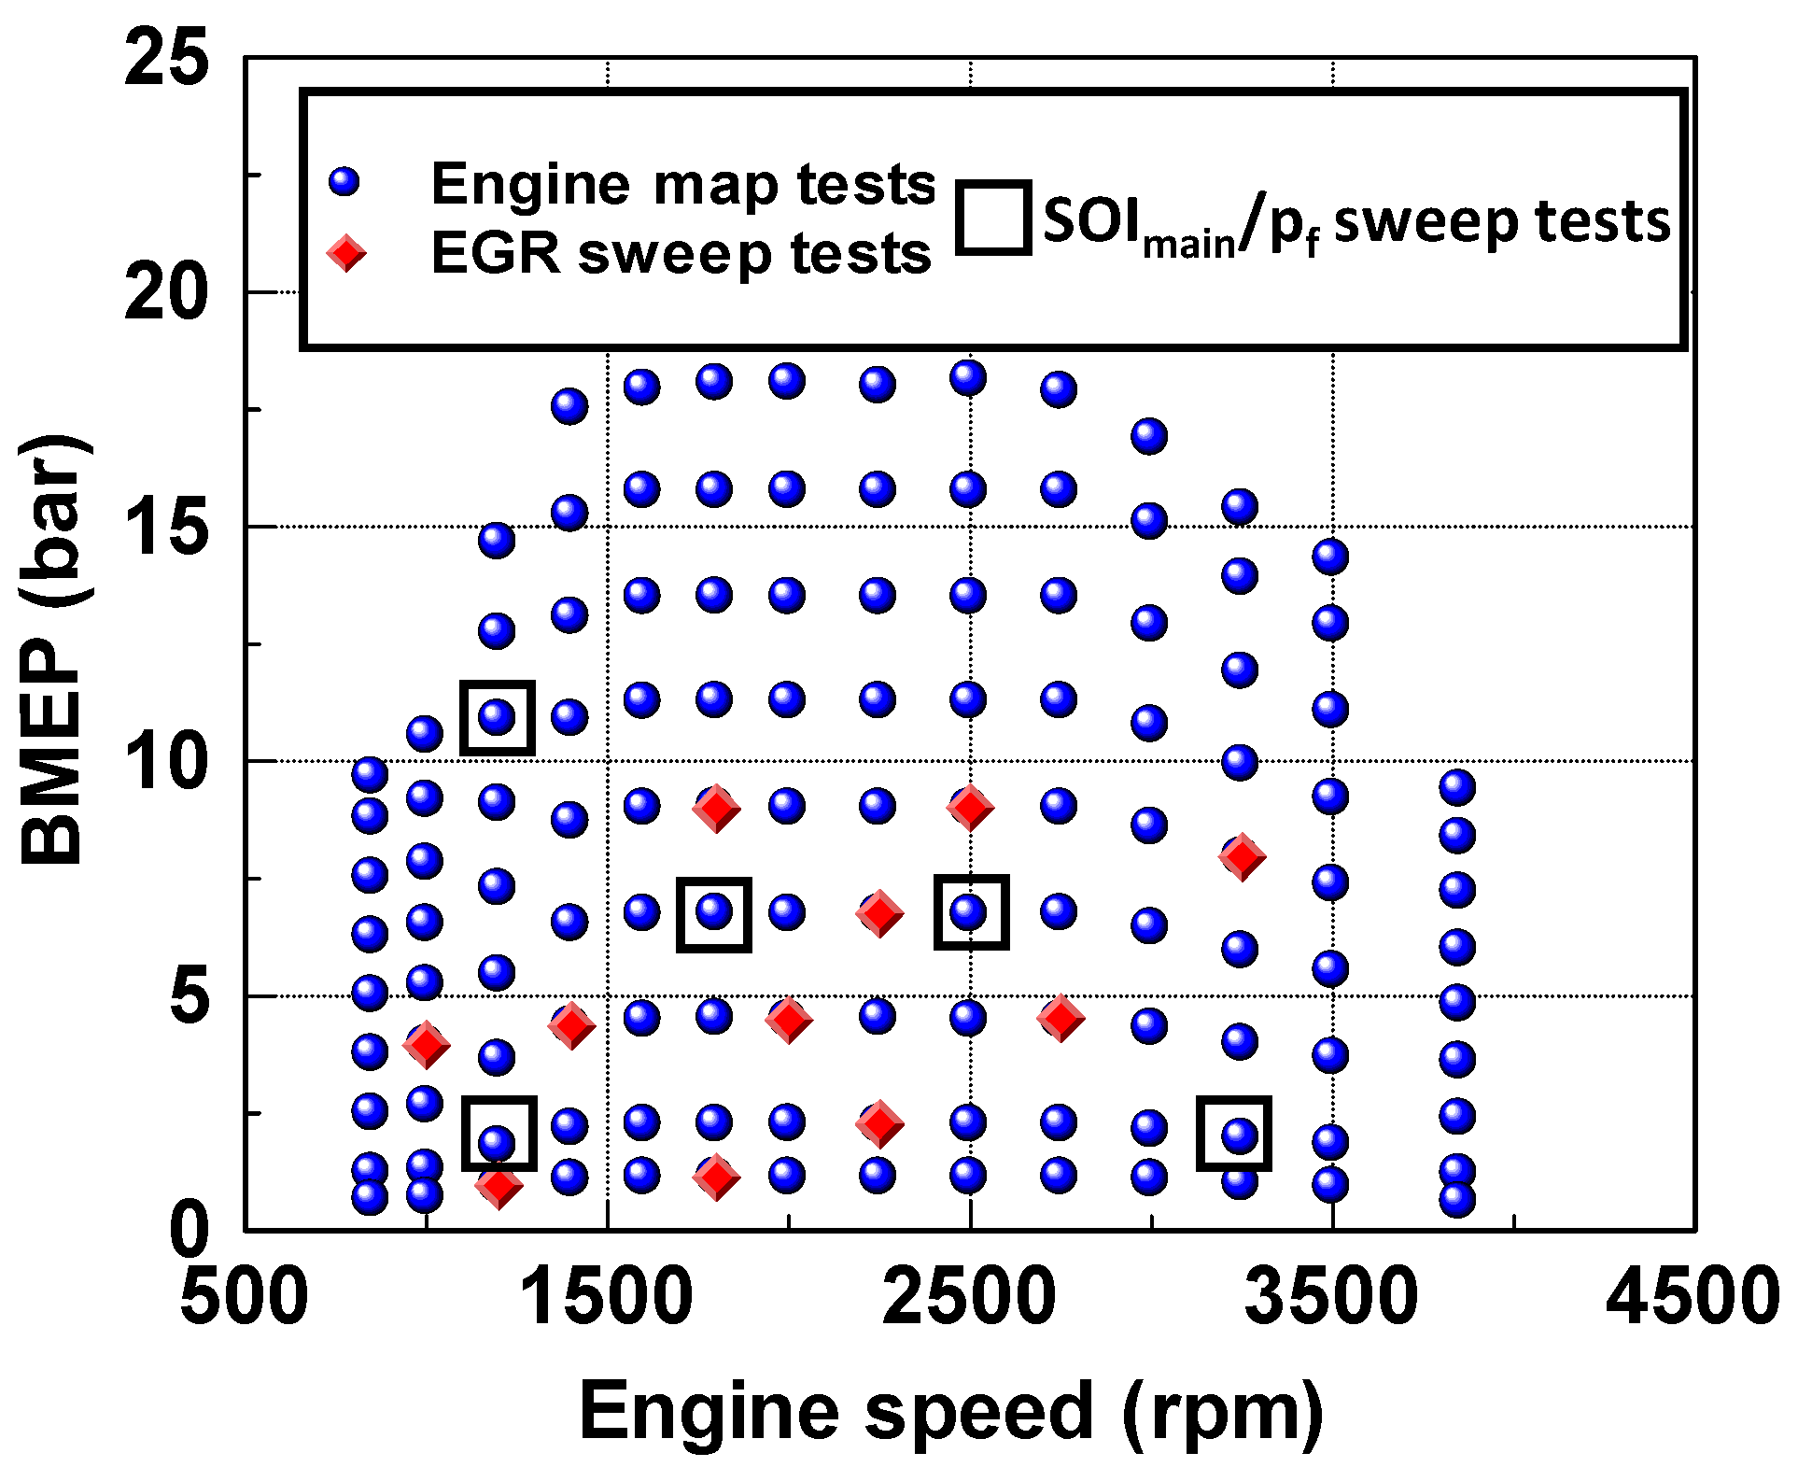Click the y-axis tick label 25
[166, 59]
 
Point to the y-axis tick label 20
[166, 292]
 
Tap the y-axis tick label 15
[166, 527]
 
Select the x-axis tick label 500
[244, 1297]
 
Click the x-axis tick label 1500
[607, 1297]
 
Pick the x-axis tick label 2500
[969, 1297]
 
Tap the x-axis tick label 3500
[1332, 1297]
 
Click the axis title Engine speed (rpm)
[950, 1411]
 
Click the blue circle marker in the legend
[344, 182]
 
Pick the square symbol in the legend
[993, 218]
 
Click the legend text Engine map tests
[682, 184]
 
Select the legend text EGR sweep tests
[681, 253]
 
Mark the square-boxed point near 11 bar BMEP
[497, 717]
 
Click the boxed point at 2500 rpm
[970, 911]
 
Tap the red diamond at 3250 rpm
[1243, 856]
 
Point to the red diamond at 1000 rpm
[427, 1044]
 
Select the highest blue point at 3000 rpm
[1149, 436]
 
